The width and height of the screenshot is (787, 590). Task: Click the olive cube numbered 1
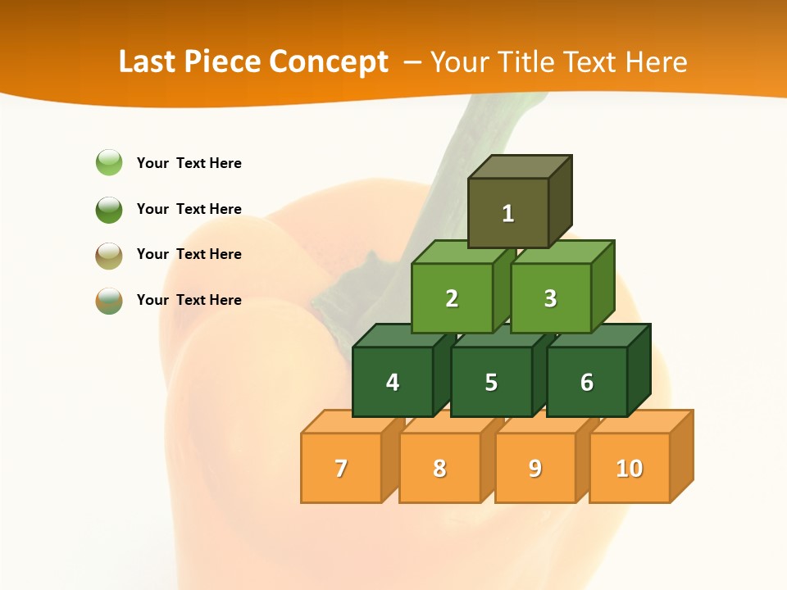click(x=508, y=213)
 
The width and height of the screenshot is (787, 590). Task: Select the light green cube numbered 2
click(x=452, y=298)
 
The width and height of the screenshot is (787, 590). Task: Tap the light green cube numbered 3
click(x=550, y=298)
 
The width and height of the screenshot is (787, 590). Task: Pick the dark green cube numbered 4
click(x=393, y=382)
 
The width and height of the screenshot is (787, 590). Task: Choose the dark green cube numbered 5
click(x=491, y=382)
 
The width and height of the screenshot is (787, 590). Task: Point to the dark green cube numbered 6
click(x=587, y=382)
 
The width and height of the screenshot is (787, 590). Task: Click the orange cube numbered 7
click(x=341, y=468)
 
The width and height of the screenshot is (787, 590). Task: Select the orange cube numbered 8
click(x=439, y=468)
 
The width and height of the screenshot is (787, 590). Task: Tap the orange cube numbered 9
click(x=535, y=468)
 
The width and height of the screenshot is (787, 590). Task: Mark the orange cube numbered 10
click(x=630, y=468)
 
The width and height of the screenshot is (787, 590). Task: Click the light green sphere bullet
click(x=109, y=163)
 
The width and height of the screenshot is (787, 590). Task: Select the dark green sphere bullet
click(x=109, y=209)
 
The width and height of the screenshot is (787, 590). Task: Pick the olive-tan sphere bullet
click(x=109, y=255)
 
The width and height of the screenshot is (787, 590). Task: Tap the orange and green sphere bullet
click(x=109, y=301)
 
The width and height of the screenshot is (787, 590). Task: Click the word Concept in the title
click(x=329, y=62)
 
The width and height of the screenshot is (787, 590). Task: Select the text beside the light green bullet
click(x=189, y=163)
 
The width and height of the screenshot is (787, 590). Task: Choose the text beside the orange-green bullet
click(x=189, y=300)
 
